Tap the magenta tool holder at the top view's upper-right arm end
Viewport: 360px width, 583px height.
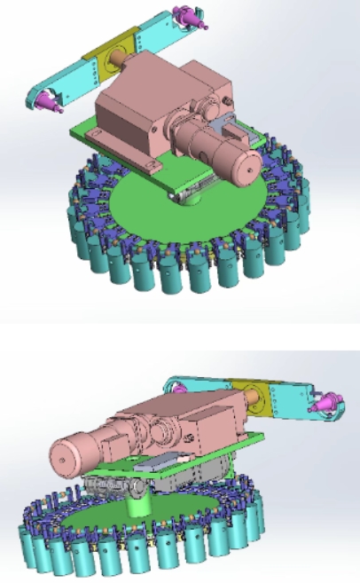coord(191,16)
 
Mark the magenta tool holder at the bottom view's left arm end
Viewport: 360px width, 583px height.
coord(180,384)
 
